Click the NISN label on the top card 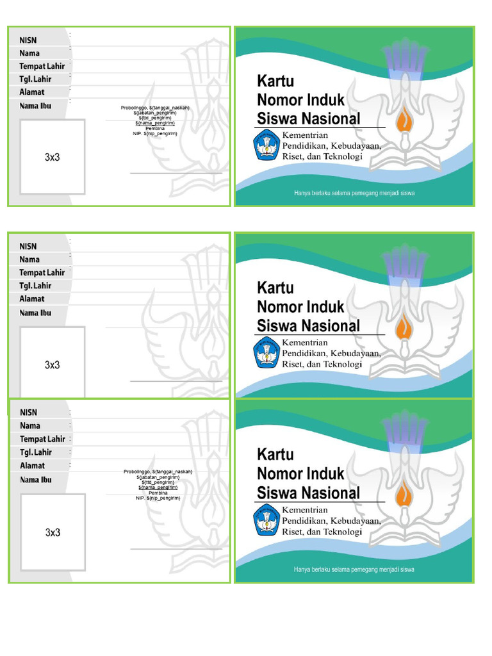(x=28, y=40)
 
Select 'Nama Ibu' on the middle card (x=35, y=313)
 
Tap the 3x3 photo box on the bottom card (x=53, y=532)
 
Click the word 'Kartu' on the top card (x=275, y=81)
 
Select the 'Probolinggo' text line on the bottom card (x=158, y=472)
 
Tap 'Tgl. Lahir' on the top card (x=35, y=79)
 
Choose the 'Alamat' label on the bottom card (x=32, y=466)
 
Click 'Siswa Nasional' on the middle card (x=308, y=325)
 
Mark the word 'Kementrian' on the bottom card (x=305, y=510)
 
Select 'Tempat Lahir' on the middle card (x=42, y=272)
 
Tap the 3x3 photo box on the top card (x=53, y=157)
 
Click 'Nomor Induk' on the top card (x=300, y=100)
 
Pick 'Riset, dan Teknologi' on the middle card (x=322, y=364)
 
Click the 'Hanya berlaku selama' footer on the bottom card (x=354, y=568)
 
